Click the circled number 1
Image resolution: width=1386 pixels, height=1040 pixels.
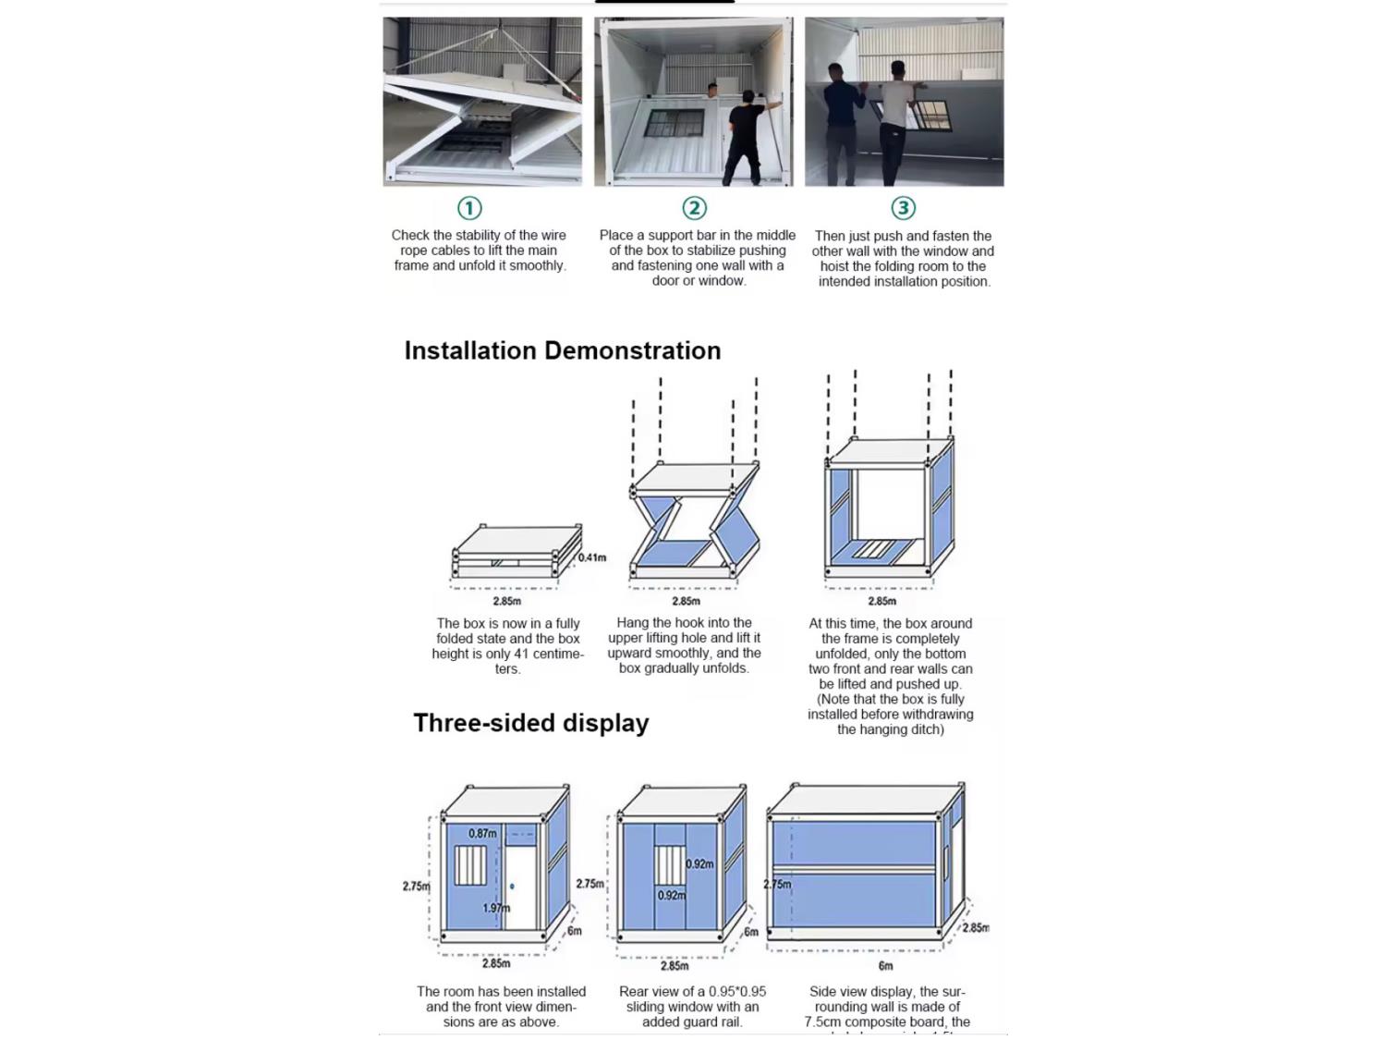[469, 208]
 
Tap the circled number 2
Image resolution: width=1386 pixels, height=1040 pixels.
[694, 208]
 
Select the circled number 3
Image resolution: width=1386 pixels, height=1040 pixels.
[903, 208]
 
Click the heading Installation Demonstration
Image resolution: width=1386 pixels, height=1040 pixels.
[562, 351]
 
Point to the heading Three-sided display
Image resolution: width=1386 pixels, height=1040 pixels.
[530, 723]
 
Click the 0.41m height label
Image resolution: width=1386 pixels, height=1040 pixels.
[592, 557]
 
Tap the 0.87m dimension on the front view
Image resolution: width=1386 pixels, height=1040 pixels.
[482, 833]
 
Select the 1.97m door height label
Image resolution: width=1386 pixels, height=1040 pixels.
[496, 908]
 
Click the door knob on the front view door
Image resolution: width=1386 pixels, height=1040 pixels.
[512, 887]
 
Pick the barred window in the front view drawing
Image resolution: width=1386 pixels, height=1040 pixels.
[470, 865]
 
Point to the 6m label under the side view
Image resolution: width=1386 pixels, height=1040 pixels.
[885, 966]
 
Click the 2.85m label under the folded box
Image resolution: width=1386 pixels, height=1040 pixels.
[506, 601]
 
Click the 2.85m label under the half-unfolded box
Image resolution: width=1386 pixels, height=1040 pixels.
[686, 601]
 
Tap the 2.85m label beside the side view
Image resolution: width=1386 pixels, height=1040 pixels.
[975, 928]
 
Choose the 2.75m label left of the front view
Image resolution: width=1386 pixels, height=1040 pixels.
[416, 886]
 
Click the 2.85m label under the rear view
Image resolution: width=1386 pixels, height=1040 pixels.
[675, 966]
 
